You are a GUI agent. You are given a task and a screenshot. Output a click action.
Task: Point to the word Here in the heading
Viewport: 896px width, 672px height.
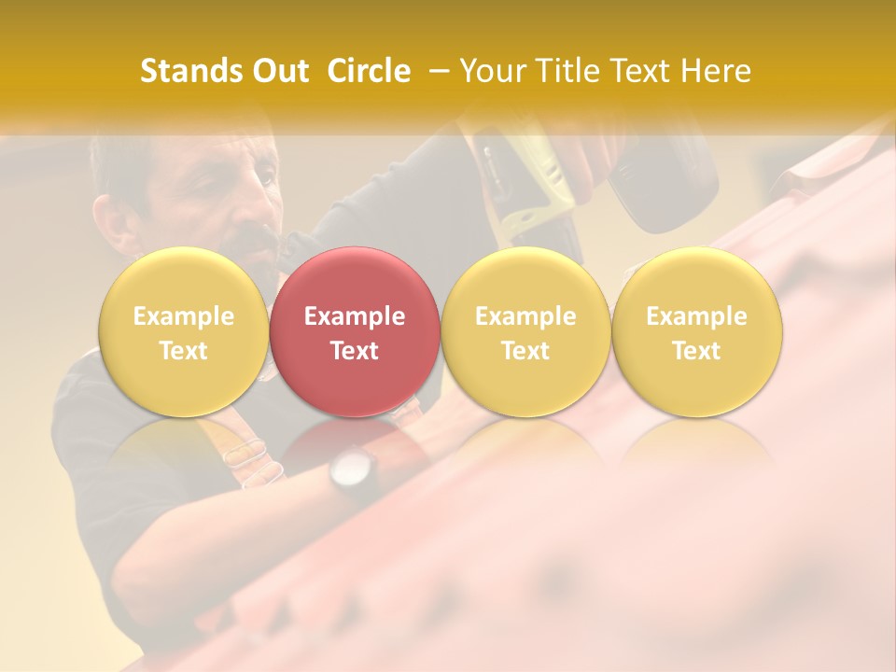coord(715,71)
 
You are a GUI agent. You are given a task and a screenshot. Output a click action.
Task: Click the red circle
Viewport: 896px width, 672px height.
coord(355,332)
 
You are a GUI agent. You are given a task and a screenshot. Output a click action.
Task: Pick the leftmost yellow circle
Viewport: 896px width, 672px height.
coord(183,332)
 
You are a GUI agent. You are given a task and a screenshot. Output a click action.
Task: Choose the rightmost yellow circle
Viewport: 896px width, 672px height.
coord(697,332)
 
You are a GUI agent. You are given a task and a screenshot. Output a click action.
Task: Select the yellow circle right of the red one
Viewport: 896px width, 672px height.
coord(525,332)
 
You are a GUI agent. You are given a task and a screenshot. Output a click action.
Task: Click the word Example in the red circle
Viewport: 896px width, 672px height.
coord(355,316)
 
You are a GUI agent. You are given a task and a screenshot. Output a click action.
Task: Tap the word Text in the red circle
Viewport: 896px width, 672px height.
coord(355,351)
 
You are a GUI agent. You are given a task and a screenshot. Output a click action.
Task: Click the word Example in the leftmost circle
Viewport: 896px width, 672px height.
coord(183,316)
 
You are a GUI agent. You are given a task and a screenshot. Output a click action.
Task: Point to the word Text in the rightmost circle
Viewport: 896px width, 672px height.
coord(697,351)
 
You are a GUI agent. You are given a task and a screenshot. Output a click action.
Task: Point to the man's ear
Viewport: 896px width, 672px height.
coord(112,219)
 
